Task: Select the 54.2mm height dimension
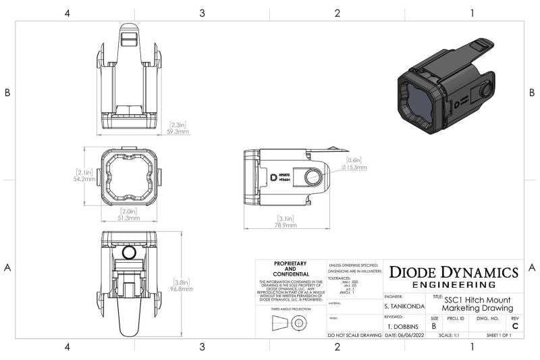(85, 180)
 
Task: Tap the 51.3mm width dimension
(130, 218)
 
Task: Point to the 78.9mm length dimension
(287, 226)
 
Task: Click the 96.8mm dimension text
(180, 288)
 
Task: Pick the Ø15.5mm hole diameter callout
(353, 167)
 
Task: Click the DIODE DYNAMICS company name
(454, 272)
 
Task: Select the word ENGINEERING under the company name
(454, 284)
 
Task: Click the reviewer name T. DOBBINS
(404, 326)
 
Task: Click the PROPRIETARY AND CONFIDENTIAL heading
(291, 268)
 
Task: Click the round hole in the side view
(313, 178)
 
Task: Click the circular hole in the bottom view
(130, 253)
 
